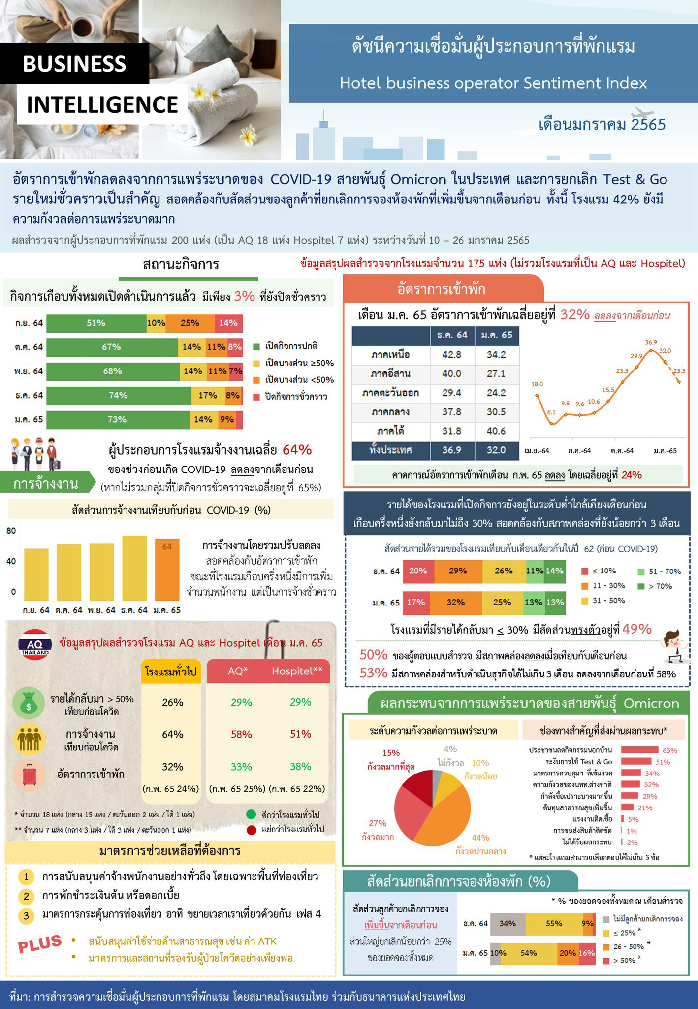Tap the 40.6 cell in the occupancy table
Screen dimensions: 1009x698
tap(496, 431)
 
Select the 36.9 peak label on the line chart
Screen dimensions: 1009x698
tap(651, 342)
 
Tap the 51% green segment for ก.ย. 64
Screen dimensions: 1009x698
tap(96, 323)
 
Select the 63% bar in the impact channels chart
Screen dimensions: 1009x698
tap(639, 750)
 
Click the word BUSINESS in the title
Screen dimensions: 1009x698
tap(74, 64)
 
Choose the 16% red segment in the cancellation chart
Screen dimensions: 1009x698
tap(587, 953)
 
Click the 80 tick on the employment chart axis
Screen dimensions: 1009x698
tap(11, 531)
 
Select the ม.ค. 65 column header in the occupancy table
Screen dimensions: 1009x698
tap(496, 335)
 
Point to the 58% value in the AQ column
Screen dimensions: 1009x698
tap(241, 734)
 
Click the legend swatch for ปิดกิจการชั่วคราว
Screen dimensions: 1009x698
tap(256, 397)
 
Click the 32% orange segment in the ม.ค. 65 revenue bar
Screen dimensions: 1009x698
tap(455, 602)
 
